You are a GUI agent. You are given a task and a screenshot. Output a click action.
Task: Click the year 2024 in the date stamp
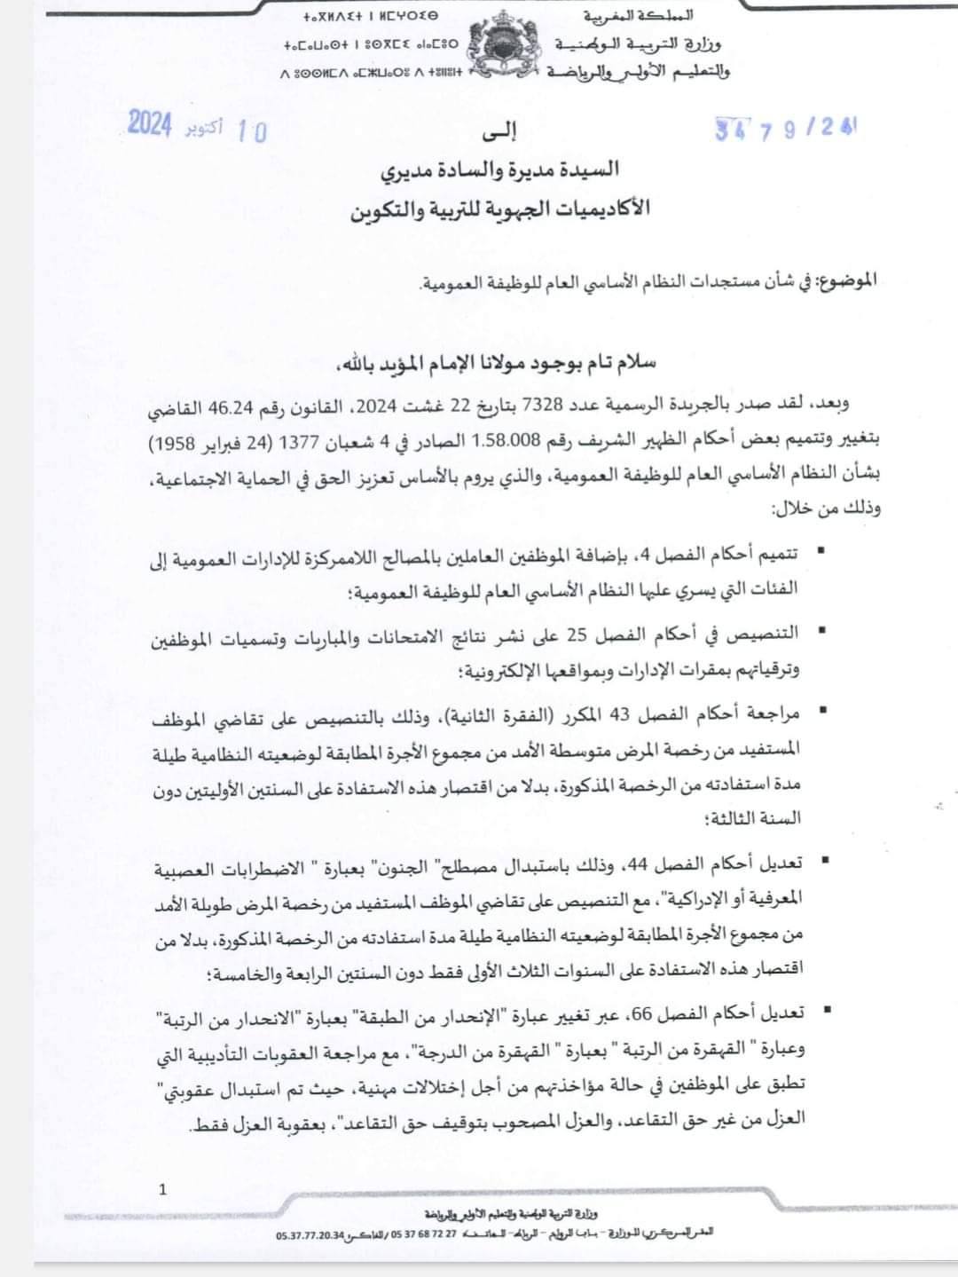click(149, 124)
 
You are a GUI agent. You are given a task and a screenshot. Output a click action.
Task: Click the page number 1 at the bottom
click(162, 1189)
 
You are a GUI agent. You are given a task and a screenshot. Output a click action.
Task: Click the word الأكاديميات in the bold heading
click(588, 209)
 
